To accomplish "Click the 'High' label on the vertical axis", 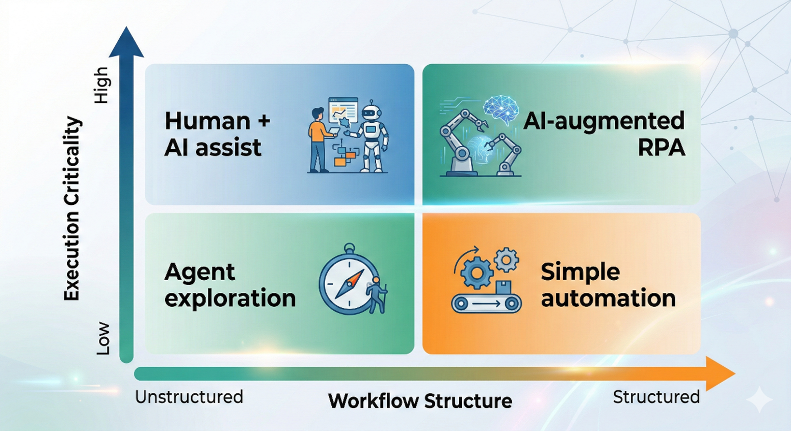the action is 102,85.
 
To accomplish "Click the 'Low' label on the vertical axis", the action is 103,338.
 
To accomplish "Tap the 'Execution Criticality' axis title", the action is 73,208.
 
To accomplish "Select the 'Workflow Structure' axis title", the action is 420,401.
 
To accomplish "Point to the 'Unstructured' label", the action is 189,397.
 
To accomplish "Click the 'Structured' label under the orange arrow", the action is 656,397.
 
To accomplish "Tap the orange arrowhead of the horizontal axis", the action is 720,373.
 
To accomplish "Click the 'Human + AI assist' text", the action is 218,134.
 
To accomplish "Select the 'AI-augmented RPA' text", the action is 604,134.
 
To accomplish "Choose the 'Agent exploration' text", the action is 230,285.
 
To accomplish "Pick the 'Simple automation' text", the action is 608,285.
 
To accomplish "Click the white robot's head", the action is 371,112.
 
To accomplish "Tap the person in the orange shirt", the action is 321,140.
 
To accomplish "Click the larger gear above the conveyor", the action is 477,273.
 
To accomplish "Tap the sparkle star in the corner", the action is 759,399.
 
